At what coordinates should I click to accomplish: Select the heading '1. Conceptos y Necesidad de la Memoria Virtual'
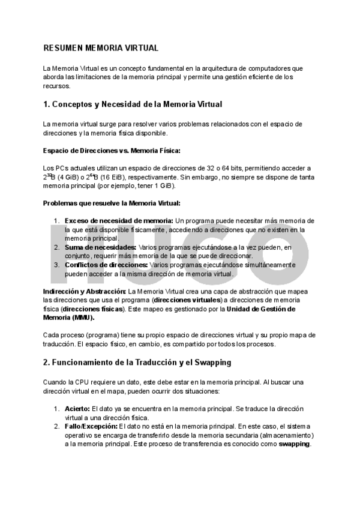click(133, 104)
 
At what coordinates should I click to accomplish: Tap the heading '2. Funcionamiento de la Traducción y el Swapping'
click(137, 363)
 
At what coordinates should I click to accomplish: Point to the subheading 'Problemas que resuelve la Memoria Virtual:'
click(112, 204)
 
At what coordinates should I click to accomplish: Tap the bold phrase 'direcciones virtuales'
click(188, 300)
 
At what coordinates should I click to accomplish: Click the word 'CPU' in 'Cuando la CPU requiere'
click(82, 382)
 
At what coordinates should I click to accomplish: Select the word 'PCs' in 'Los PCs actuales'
click(61, 169)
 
